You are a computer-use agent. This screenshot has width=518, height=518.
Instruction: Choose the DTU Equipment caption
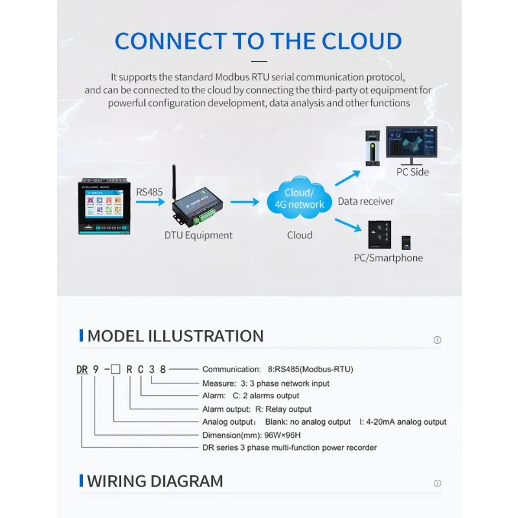(x=199, y=235)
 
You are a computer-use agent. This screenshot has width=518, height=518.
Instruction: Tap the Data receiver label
(x=365, y=201)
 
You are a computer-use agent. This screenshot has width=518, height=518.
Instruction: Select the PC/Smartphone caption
(x=388, y=258)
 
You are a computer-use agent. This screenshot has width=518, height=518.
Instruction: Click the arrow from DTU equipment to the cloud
(x=245, y=203)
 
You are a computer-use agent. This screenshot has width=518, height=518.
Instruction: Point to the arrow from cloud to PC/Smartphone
(x=348, y=223)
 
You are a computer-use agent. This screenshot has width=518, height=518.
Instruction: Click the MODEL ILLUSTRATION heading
(x=175, y=336)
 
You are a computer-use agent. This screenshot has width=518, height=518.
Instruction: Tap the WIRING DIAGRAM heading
(x=155, y=481)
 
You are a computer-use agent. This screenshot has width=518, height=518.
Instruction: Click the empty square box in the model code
(x=115, y=370)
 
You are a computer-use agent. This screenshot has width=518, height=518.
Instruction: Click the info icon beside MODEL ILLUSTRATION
(x=437, y=340)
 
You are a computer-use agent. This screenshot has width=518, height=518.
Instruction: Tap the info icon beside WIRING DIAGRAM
(x=437, y=483)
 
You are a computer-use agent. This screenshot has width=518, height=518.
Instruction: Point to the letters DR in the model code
(x=82, y=370)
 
